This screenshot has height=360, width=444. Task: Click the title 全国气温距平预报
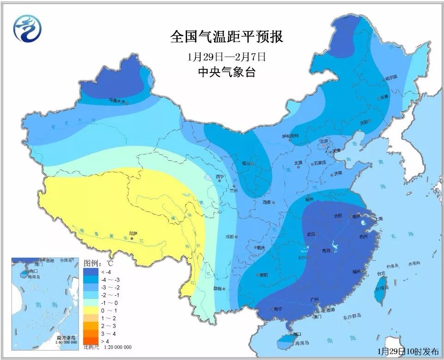tap(226, 37)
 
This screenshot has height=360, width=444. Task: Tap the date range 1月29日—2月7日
tap(226, 57)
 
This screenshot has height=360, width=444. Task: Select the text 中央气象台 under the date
tap(226, 73)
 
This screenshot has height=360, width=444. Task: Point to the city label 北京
tap(323, 140)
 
